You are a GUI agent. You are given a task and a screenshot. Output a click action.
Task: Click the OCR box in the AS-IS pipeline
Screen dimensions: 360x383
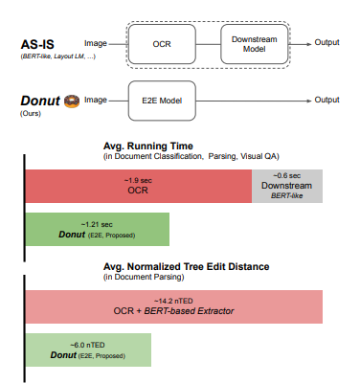tap(162, 44)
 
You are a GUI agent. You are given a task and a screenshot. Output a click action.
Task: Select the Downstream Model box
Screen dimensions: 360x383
tap(255, 44)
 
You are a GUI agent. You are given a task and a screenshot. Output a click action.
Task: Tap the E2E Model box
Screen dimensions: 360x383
tap(162, 101)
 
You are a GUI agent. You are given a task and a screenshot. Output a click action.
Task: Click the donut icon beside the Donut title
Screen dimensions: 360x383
tap(72, 101)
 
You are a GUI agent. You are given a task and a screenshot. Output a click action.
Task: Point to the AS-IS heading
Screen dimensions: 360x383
tap(37, 44)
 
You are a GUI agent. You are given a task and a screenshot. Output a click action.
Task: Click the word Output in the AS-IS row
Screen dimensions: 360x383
tap(326, 42)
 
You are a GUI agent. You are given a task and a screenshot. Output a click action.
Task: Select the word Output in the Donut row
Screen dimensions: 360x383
tap(326, 100)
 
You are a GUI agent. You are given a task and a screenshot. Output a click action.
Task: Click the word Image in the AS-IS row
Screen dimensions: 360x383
tap(96, 43)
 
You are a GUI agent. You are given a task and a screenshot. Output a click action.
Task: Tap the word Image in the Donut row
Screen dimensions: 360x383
tap(96, 101)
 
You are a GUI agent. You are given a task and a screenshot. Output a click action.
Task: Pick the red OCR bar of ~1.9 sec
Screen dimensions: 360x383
tap(139, 186)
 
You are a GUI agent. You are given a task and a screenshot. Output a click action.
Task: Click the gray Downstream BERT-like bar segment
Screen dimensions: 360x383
tap(287, 186)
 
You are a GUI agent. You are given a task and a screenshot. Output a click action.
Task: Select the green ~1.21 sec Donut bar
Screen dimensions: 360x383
tap(98, 230)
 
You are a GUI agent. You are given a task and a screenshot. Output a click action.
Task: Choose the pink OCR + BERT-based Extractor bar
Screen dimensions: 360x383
tap(174, 306)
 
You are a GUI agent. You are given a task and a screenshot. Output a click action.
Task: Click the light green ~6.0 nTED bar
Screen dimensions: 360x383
tap(88, 349)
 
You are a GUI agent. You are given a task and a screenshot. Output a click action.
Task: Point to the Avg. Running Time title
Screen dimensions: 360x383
tap(148, 146)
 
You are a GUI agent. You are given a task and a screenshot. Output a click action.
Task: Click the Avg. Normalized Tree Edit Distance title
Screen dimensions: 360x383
tap(186, 266)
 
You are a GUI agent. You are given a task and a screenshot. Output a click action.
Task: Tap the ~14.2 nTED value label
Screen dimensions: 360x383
tap(173, 301)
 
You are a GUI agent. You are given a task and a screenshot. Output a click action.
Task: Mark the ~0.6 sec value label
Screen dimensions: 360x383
tap(286, 176)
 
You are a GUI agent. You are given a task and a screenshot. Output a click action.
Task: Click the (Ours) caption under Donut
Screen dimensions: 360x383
tap(31, 114)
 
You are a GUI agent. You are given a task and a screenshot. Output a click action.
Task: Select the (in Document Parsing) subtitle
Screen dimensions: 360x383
tap(144, 277)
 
